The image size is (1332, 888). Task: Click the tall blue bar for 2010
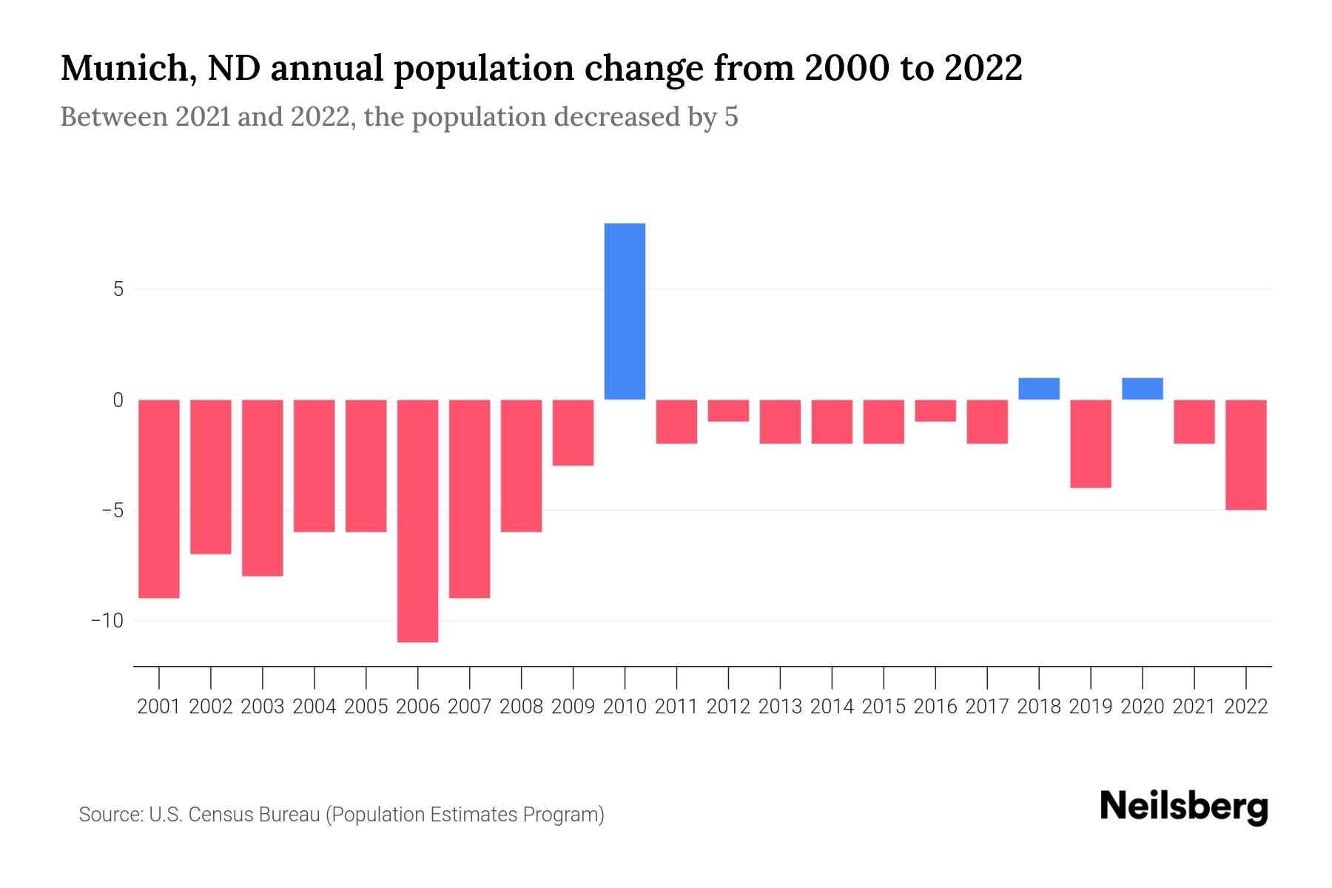pos(625,311)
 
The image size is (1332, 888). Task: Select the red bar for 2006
pos(417,520)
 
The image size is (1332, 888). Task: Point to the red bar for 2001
pos(159,498)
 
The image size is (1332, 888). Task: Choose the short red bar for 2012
pos(728,411)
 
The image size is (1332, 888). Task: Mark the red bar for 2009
pos(573,432)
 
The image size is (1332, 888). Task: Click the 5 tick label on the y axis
pos(118,289)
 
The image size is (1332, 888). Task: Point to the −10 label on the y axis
pos(107,620)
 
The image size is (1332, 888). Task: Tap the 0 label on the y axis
pos(118,400)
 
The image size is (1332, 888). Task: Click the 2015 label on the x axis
pos(884,707)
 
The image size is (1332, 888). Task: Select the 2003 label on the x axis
pos(263,707)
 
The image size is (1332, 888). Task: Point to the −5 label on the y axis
pos(113,511)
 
